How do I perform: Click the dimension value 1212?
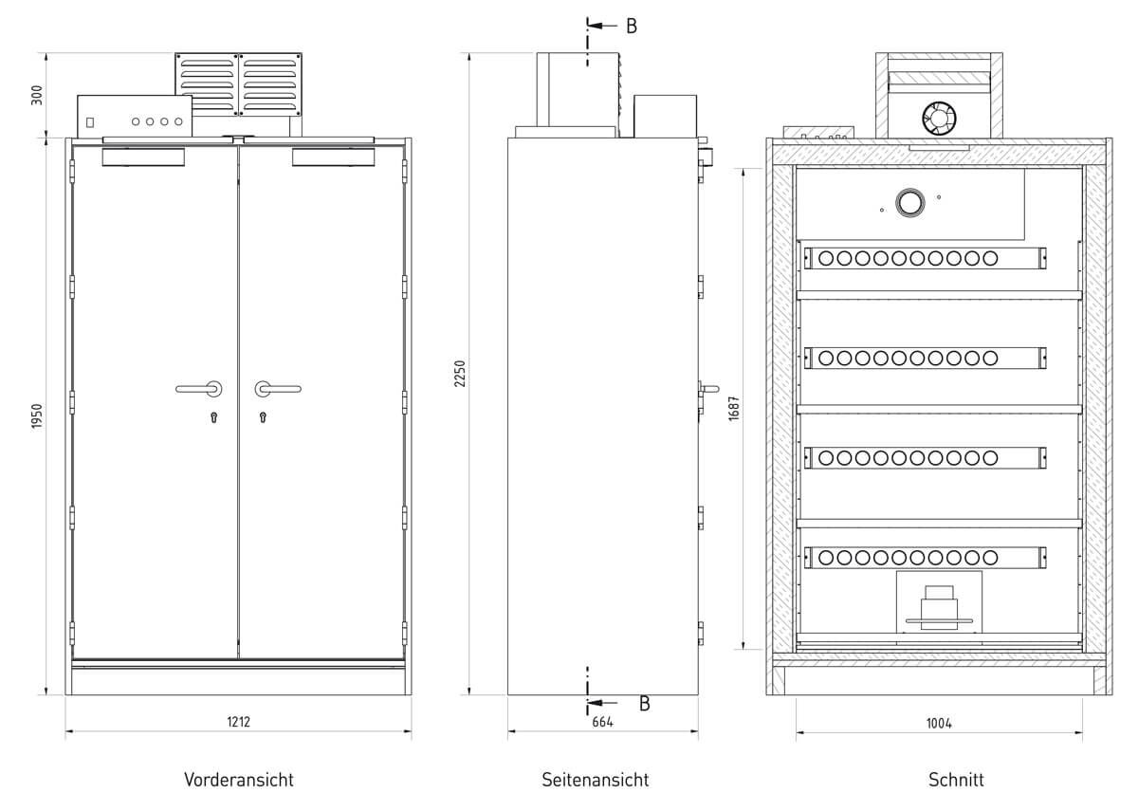238,722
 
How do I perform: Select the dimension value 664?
603,722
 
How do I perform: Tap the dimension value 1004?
939,723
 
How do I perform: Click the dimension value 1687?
733,409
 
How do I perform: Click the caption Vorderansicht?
239,780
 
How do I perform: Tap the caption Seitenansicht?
596,780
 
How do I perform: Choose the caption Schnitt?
956,780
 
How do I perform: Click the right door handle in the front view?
276,387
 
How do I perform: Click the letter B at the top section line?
632,26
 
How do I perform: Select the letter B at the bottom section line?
644,704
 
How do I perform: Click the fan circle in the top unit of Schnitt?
939,118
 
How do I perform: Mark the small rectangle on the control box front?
91,122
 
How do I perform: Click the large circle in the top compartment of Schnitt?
910,201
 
